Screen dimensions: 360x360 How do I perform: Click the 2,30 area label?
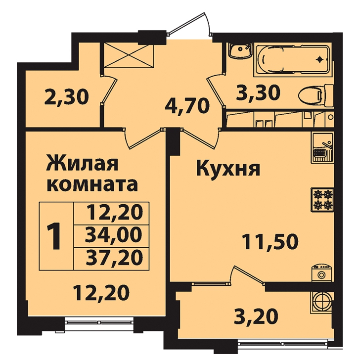click(66, 97)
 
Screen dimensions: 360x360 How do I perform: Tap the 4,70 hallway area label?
click(187, 106)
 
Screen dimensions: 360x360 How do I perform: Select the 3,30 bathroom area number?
click(258, 93)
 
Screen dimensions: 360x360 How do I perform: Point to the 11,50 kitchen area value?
click(270, 241)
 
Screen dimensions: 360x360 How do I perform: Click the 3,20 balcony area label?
click(256, 316)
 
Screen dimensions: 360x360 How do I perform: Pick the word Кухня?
click(228, 169)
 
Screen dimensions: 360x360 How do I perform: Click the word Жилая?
click(82, 163)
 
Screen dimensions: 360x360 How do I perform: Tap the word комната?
click(92, 185)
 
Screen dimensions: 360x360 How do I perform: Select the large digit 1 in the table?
click(54, 236)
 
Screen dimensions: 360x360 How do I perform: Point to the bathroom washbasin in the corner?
click(239, 50)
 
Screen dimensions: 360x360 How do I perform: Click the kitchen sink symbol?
click(322, 148)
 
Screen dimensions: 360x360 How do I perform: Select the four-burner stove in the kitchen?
click(322, 199)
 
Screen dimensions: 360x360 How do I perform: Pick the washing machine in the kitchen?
click(322, 273)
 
